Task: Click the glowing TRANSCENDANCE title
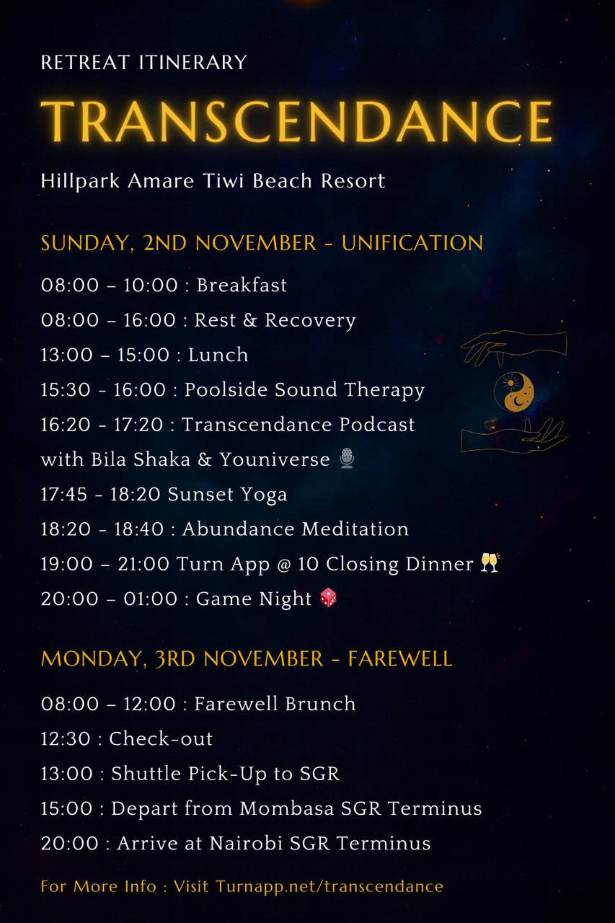[296, 121]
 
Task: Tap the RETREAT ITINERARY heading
[143, 63]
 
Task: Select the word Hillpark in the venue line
[80, 181]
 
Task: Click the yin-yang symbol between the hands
[514, 392]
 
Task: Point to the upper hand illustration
[514, 347]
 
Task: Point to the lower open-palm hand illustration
[514, 436]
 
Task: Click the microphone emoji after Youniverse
[348, 459]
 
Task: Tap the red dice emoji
[328, 599]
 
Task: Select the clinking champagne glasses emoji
[490, 563]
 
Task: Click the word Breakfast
[242, 285]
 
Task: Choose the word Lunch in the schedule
[218, 355]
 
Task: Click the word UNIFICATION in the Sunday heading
[412, 243]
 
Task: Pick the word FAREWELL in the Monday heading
[400, 658]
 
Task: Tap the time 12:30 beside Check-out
[66, 739]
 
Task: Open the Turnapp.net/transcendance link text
[329, 886]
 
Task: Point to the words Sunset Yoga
[227, 495]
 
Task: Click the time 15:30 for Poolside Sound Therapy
[66, 390]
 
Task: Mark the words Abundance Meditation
[296, 529]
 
